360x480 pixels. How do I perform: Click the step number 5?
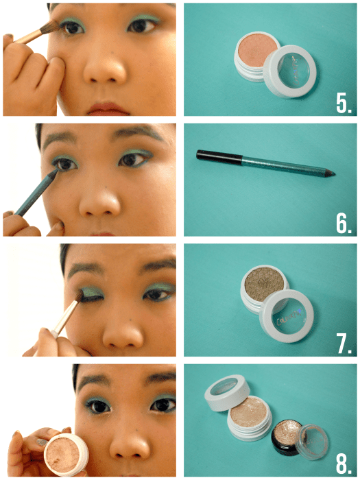(344, 103)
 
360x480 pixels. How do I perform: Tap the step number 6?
(344, 223)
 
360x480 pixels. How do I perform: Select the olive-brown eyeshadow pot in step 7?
(263, 291)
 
